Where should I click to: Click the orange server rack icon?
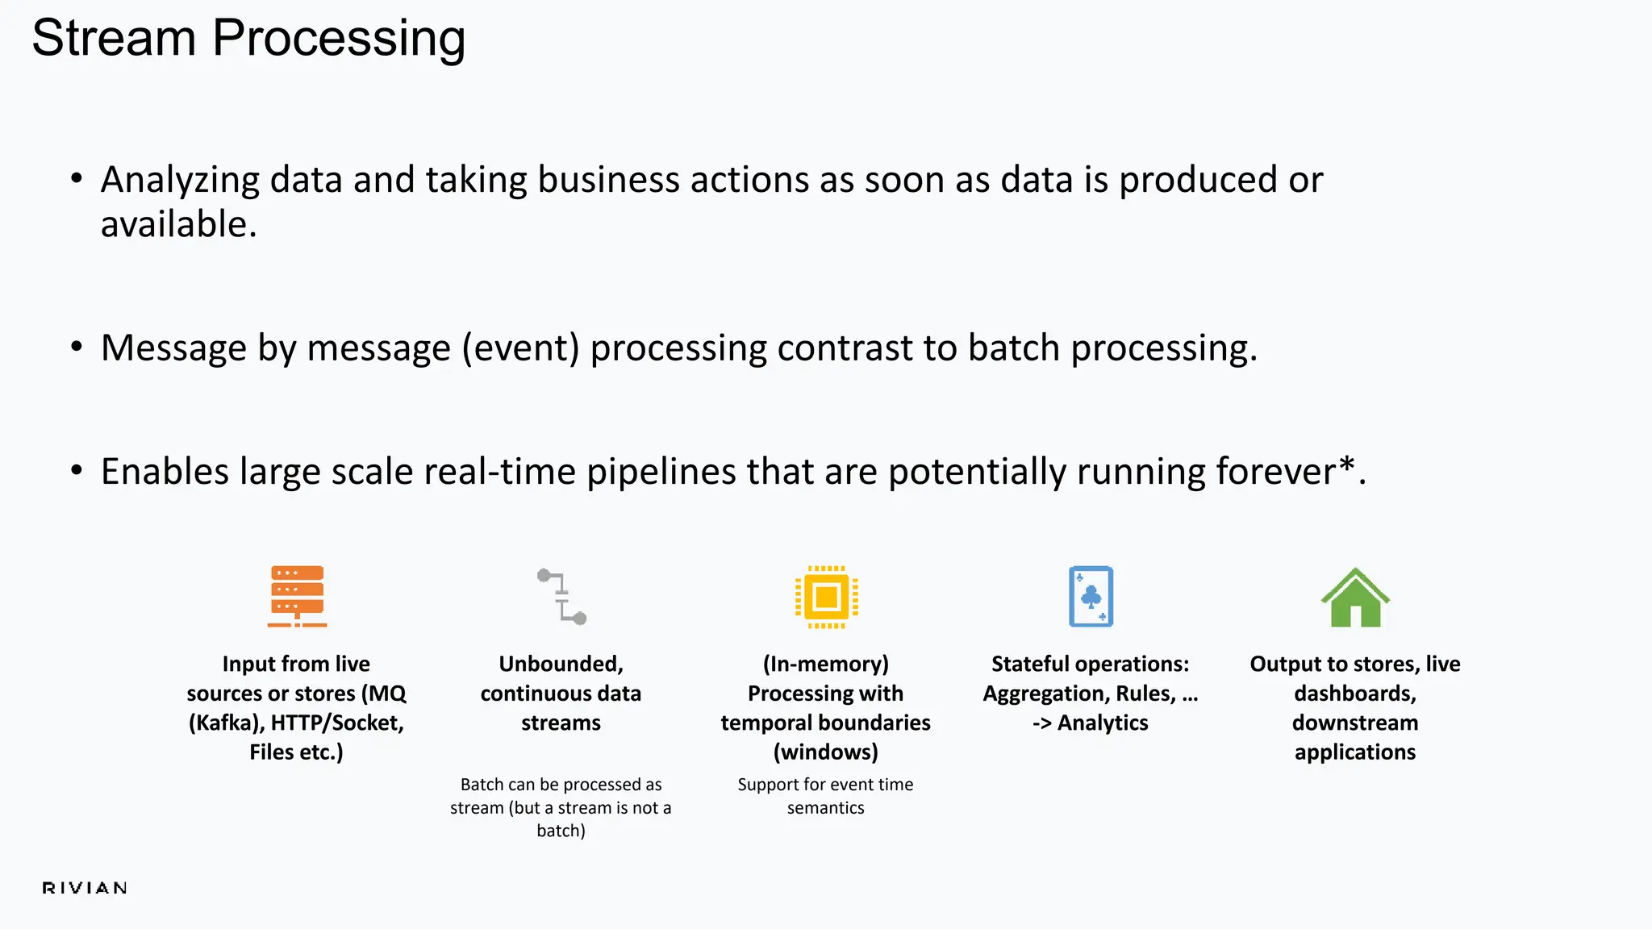(297, 596)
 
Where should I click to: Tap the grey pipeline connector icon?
(561, 597)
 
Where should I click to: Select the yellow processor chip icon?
(826, 597)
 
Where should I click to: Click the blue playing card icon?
(1091, 597)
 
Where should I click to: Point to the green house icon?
(1355, 598)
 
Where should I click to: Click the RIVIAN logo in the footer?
(85, 888)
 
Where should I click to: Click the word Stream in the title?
(114, 38)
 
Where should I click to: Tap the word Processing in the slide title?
(338, 38)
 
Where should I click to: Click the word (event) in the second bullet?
(520, 348)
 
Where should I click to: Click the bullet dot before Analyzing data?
(77, 178)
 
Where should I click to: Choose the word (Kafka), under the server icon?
(226, 723)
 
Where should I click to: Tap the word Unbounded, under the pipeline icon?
(561, 664)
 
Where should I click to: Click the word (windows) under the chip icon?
(825, 752)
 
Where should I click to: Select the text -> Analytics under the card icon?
(1090, 723)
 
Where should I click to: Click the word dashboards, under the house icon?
(1355, 694)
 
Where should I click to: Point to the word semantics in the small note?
(825, 808)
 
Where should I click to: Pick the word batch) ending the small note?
(561, 831)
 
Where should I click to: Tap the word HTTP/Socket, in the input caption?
(337, 723)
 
